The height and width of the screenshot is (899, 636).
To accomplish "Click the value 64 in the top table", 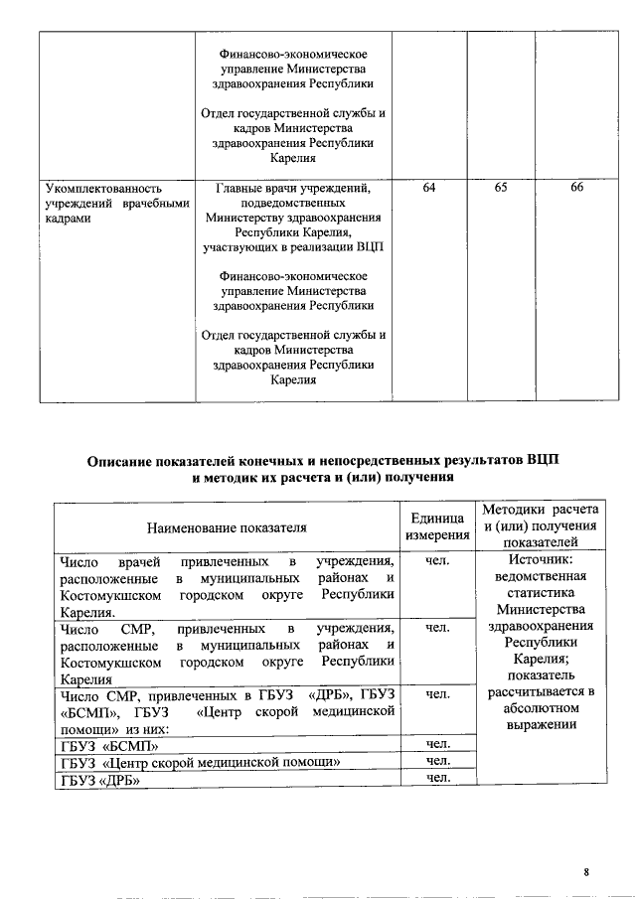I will pyautogui.click(x=428, y=188).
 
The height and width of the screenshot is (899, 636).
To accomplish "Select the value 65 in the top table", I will pyautogui.click(x=503, y=188).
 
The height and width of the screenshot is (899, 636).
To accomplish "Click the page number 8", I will pyautogui.click(x=587, y=872).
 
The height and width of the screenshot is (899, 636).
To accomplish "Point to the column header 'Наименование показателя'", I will pyautogui.click(x=227, y=527).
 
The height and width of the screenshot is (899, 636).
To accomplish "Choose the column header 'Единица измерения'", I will pyautogui.click(x=437, y=527).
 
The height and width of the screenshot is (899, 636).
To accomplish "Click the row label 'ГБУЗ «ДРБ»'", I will pyautogui.click(x=99, y=780).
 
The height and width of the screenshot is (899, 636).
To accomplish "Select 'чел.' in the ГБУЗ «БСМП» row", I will pyautogui.click(x=438, y=743).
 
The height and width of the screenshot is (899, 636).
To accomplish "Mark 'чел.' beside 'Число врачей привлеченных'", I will pyautogui.click(x=438, y=562).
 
